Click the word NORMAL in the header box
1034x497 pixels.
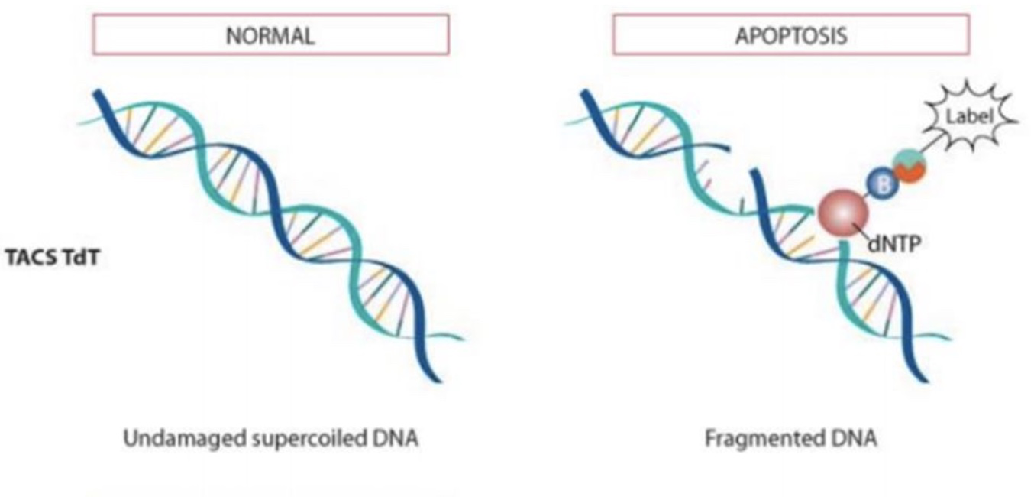[x=270, y=36]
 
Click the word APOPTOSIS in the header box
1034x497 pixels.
[x=791, y=36]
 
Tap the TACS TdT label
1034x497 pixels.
[x=53, y=258]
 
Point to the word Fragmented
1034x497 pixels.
[x=765, y=438]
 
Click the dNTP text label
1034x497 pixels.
[x=894, y=244]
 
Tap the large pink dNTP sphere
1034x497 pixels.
[x=843, y=213]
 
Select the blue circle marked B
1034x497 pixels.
[x=883, y=184]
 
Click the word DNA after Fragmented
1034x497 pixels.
[x=854, y=438]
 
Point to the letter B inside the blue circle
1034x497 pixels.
[x=883, y=184]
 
